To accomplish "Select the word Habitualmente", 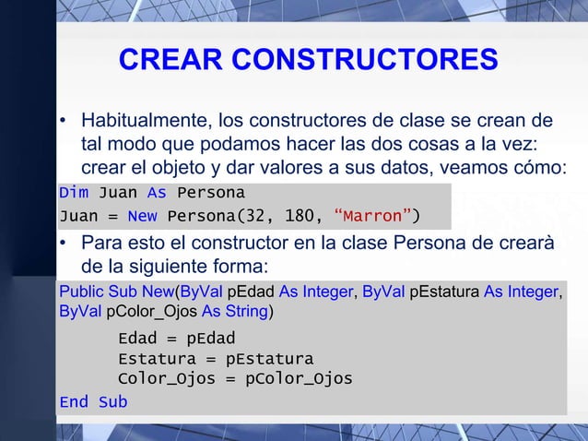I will point(144,122).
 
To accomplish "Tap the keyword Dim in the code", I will point(74,193).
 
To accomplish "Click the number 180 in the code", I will point(297,217).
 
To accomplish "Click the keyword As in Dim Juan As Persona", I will point(157,193).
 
